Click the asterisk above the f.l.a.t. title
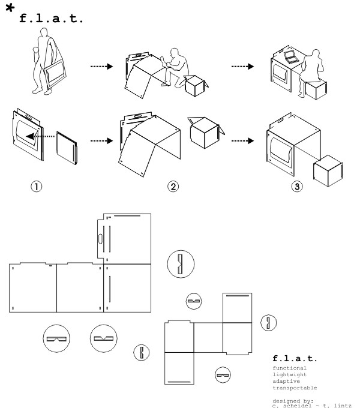coord(10,7)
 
